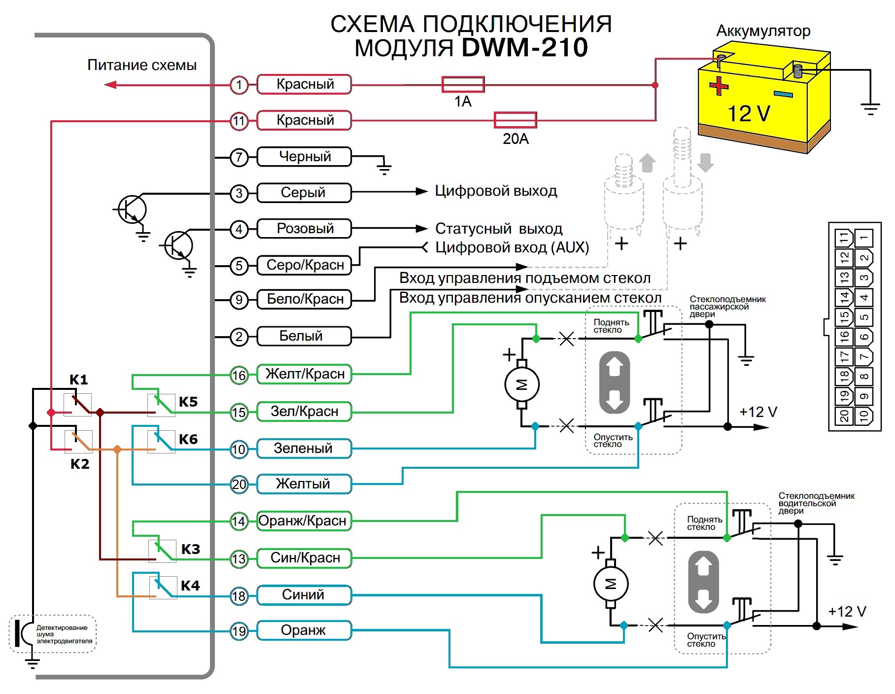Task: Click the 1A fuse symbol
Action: [x=463, y=85]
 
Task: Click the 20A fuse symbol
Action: [x=515, y=120]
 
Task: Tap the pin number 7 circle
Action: [x=239, y=157]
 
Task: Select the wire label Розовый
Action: [x=305, y=229]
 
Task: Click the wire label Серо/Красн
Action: [x=305, y=265]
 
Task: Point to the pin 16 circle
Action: [x=239, y=375]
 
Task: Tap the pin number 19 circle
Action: [x=239, y=631]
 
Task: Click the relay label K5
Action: [x=188, y=402]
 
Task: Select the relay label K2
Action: [x=80, y=464]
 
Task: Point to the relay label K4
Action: [x=190, y=586]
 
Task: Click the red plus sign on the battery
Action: [x=719, y=86]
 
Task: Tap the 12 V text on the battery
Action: [x=749, y=114]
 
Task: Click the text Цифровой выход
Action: [x=496, y=191]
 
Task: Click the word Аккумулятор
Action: [x=763, y=31]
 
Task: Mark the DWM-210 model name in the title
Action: [x=525, y=48]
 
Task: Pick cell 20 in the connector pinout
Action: [x=844, y=416]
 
